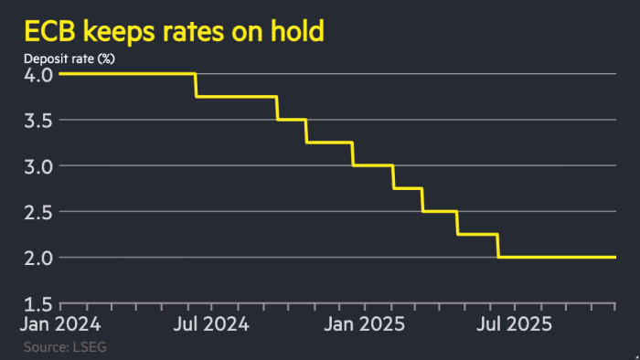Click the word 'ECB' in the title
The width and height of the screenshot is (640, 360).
tap(48, 34)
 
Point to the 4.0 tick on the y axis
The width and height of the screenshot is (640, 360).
tap(39, 74)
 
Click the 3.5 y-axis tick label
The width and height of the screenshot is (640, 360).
tap(39, 120)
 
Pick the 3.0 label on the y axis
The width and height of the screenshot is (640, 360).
tap(39, 165)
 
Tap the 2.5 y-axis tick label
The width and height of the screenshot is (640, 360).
tap(39, 211)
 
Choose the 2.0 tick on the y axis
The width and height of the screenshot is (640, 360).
tap(39, 257)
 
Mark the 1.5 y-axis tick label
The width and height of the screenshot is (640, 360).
tap(39, 303)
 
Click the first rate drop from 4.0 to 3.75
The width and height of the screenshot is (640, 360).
tap(196, 85)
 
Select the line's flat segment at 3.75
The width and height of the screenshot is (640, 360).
tap(236, 97)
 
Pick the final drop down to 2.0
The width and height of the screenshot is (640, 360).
tap(498, 246)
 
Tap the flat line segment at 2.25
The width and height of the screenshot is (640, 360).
tap(477, 234)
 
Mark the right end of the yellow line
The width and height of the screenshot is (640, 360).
tap(614, 257)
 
